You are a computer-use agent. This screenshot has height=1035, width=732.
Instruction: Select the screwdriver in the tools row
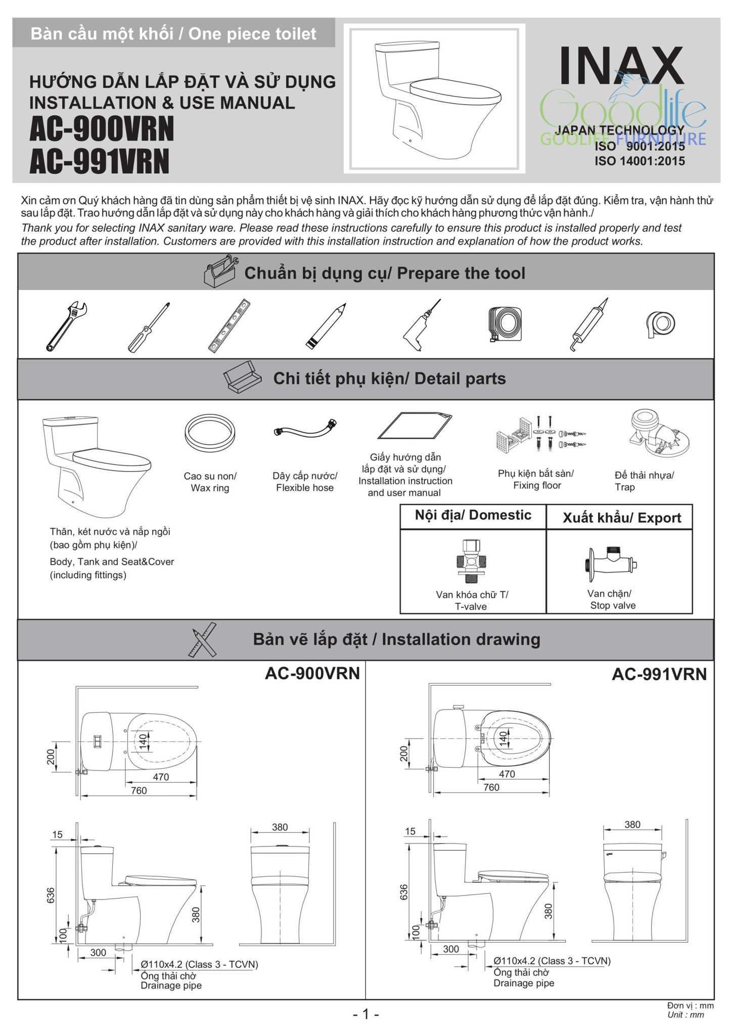pyautogui.click(x=148, y=327)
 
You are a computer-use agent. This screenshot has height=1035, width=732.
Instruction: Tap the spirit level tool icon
pyautogui.click(x=229, y=325)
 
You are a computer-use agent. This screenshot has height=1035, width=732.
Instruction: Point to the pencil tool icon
pyautogui.click(x=326, y=326)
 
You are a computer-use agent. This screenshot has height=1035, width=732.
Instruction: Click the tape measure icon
pyautogui.click(x=505, y=324)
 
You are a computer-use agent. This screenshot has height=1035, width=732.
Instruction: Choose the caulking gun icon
pyautogui.click(x=589, y=326)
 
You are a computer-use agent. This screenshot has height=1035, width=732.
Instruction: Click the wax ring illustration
pyautogui.click(x=210, y=433)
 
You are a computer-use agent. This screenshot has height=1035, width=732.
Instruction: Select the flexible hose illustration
pyautogui.click(x=305, y=430)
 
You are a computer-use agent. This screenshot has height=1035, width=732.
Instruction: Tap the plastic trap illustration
pyautogui.click(x=658, y=434)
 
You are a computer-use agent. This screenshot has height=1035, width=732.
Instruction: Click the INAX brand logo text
pyautogui.click(x=622, y=66)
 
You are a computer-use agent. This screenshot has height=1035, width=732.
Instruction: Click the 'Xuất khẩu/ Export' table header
pyautogui.click(x=621, y=518)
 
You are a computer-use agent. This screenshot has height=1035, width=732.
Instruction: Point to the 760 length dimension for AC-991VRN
pyautogui.click(x=491, y=787)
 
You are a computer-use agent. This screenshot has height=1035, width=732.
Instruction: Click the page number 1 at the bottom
pyautogui.click(x=365, y=1014)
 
